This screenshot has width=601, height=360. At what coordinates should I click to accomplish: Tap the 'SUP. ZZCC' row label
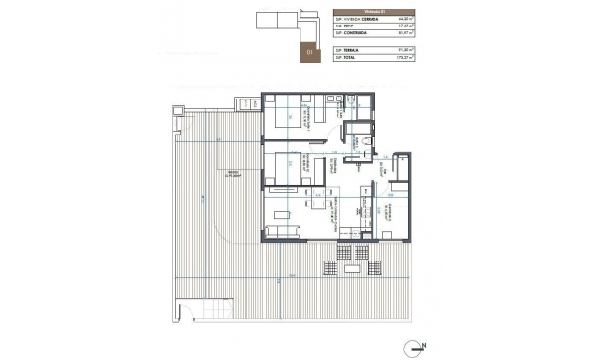tap(342, 29)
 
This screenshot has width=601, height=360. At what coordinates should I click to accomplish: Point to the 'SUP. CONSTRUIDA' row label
tap(349, 37)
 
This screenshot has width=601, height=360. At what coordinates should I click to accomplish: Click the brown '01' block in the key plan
tap(308, 53)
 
